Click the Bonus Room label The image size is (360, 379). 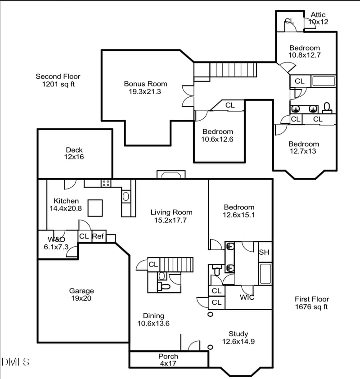[145, 87]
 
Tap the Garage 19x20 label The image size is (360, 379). [81, 294]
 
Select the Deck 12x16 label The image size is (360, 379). [74, 153]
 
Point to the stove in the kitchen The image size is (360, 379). [106, 183]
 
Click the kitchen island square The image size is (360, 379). [96, 208]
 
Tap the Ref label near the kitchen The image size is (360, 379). [98, 236]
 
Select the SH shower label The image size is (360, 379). [264, 252]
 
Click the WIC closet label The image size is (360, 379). [247, 298]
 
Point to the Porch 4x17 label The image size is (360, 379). [168, 360]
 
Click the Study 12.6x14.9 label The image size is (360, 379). [238, 338]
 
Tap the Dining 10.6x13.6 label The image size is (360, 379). [153, 319]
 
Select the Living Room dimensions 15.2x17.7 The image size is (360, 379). [171, 220]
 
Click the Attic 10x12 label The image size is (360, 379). [318, 18]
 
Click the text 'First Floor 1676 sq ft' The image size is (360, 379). [312, 303]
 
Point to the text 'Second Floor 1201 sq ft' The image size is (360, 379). [58, 80]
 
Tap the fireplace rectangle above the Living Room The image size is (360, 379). [171, 175]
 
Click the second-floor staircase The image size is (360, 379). [233, 70]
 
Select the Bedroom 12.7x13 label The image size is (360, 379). [304, 148]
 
